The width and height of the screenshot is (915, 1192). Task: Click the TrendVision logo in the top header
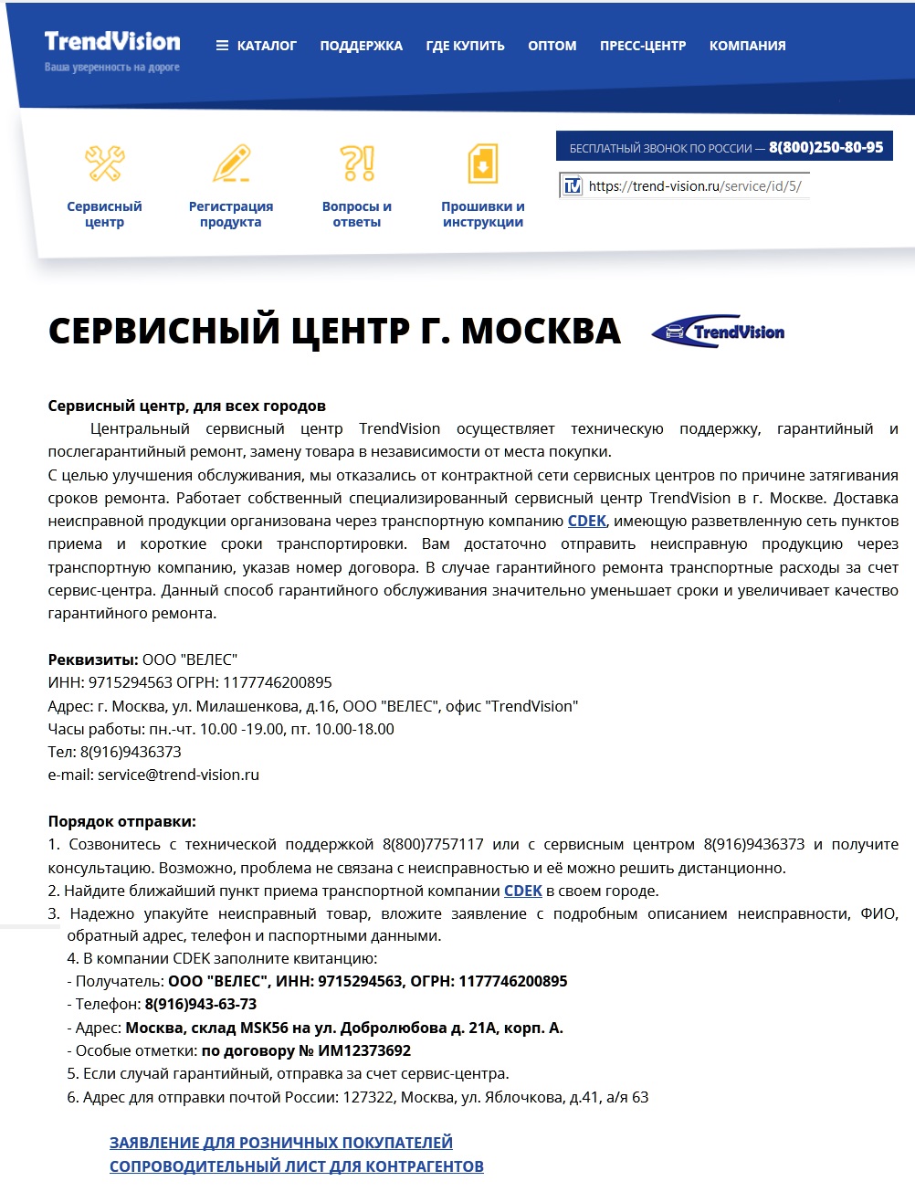click(x=111, y=42)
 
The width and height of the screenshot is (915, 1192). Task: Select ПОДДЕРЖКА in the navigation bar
click(x=361, y=46)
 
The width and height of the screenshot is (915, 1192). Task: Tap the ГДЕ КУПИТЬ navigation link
click(x=465, y=46)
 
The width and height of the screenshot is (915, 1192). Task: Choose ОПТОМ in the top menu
click(x=552, y=46)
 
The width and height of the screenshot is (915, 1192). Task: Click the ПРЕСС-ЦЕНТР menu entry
click(x=642, y=46)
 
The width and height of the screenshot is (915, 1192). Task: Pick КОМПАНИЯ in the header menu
click(x=747, y=46)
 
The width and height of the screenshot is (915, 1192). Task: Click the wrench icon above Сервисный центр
click(x=104, y=164)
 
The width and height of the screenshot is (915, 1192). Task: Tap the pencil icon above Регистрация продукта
click(x=231, y=164)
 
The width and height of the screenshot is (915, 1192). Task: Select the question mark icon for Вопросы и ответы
click(x=357, y=164)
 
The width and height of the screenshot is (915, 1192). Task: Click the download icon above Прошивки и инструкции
click(x=482, y=164)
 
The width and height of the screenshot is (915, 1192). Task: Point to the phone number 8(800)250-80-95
click(x=826, y=147)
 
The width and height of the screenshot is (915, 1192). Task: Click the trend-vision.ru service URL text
click(x=694, y=186)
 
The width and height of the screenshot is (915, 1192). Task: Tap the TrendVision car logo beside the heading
click(x=719, y=332)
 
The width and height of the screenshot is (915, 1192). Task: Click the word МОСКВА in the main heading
click(x=541, y=331)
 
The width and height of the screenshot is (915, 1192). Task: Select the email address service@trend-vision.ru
click(x=178, y=775)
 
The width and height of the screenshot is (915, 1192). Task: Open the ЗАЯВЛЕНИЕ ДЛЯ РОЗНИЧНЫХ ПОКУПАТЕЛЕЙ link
click(x=281, y=1143)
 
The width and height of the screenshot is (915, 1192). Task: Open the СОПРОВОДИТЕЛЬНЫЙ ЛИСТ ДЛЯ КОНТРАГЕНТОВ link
click(x=297, y=1166)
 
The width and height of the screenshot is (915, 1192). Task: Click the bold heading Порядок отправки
click(x=121, y=821)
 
